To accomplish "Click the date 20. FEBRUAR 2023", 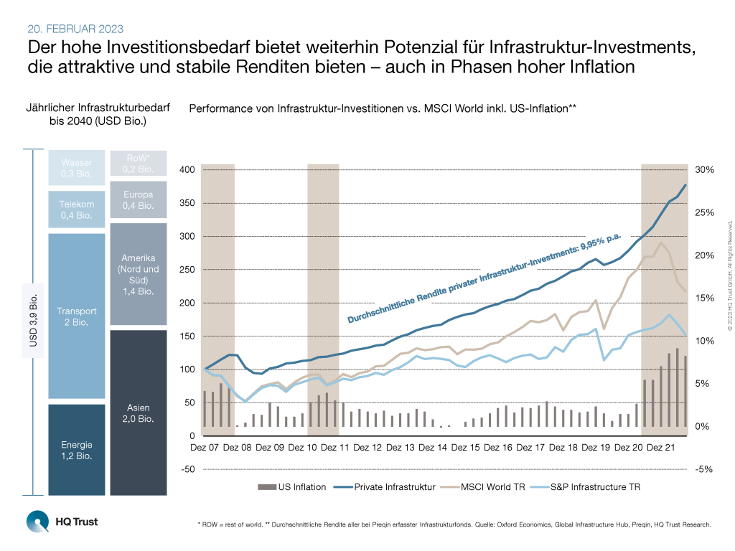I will pos(75,29).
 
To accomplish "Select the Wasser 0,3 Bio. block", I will pos(76,168).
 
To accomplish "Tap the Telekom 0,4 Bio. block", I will pos(76,209).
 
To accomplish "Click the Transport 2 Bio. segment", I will pos(76,316).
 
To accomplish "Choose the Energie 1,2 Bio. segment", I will pos(76,449).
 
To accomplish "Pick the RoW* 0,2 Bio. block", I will pos(139,164).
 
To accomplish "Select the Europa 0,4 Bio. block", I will pos(139,199).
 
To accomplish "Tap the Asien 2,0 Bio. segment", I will pos(139,413).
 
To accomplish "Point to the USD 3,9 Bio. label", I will pos(34,323).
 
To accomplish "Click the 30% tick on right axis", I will pos(705,170).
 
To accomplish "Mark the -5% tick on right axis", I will pos(704,470).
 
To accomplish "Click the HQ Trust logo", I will pos(62,522).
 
